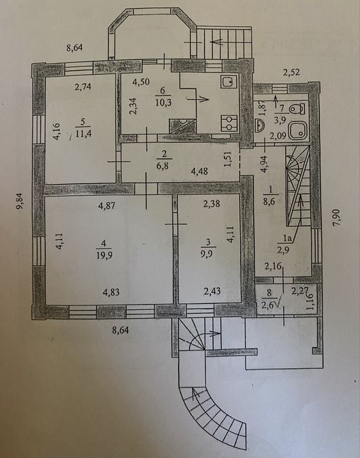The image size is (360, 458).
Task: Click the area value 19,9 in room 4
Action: coord(104,255)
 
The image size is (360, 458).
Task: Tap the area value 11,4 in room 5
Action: coord(83,134)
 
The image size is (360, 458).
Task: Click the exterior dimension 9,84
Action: coord(20,202)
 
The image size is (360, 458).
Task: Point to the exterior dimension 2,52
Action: coord(291,72)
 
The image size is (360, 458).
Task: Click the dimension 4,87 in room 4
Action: coord(107,206)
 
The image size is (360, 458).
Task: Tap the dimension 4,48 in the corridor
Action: coord(200,170)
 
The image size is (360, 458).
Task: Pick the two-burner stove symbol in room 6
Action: coord(229,123)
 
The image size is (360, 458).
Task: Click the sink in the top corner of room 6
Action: coord(229,82)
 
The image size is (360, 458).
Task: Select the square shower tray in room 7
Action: coord(298,130)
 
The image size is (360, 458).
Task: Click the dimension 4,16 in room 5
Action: coord(57,132)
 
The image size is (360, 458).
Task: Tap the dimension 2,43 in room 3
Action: coord(212,291)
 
